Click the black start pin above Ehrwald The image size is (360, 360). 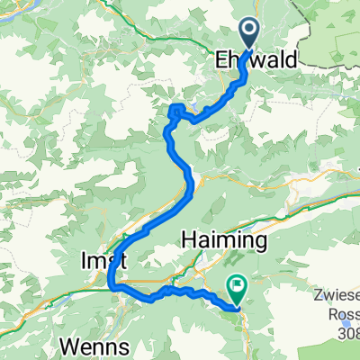(249, 32)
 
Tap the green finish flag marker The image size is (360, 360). (237, 290)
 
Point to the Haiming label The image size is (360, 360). (225, 240)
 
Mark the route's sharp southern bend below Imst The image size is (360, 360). (112, 286)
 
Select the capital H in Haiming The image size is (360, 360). (187, 240)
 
